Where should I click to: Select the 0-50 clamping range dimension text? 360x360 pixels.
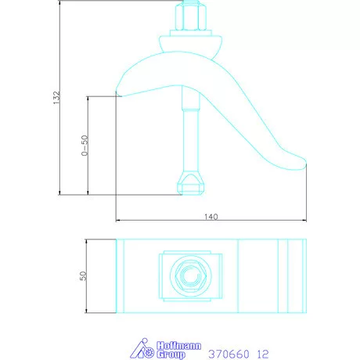tap(84, 146)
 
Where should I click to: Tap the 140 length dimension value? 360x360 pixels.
tap(211, 216)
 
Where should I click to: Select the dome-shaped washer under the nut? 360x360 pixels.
tap(190, 41)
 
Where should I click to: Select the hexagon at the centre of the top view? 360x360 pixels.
tap(191, 275)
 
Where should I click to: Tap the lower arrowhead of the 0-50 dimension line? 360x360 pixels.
tap(89, 192)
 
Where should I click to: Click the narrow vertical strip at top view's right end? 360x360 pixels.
tap(295, 275)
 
